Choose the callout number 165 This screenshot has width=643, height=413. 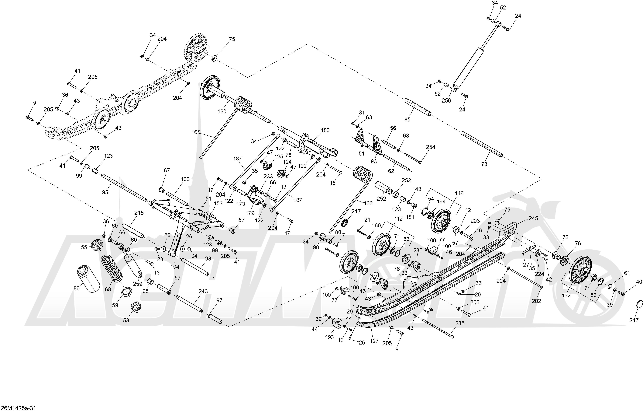[196, 132]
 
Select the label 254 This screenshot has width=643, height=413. [431, 147]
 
